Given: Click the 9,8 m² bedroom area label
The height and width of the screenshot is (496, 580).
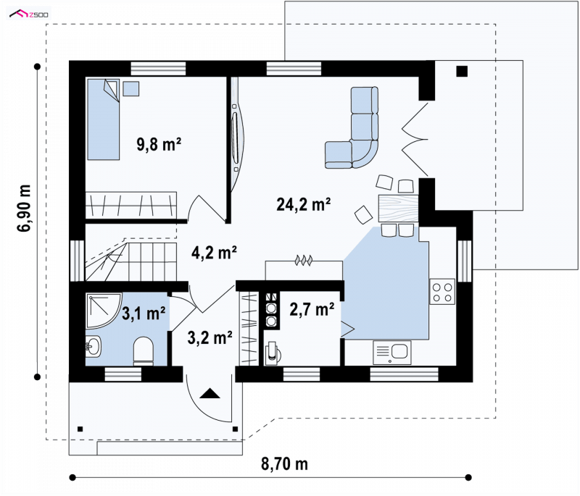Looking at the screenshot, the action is (159, 144).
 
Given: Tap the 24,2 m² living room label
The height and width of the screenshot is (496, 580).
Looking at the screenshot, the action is (303, 204).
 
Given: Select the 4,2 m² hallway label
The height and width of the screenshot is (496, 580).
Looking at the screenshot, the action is (214, 253).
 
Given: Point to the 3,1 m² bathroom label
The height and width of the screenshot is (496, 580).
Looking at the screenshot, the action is (144, 314).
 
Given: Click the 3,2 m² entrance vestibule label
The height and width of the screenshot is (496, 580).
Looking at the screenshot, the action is (210, 337).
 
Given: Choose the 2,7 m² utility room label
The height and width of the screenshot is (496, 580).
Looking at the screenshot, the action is (312, 309).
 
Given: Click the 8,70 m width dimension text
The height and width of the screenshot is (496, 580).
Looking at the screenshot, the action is (284, 464).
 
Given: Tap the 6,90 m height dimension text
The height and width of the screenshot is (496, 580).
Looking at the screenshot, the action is (24, 208).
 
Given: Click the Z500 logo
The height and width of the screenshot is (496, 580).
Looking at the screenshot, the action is (29, 14).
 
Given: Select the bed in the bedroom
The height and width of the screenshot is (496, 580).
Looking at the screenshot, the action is (103, 119).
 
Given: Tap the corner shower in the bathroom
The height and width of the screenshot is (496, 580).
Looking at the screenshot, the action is (104, 310).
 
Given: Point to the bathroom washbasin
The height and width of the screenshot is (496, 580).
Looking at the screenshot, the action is (94, 347).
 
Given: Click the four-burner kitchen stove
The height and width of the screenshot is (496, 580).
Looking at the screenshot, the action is (442, 292).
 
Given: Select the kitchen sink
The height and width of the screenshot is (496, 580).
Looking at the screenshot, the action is (392, 352).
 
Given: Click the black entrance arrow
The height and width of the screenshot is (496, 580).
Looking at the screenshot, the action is (210, 393).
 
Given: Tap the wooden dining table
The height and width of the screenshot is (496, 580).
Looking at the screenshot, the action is (398, 209).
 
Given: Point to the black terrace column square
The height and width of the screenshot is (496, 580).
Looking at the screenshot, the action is (462, 71).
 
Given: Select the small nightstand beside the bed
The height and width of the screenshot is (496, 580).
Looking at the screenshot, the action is (131, 88).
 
